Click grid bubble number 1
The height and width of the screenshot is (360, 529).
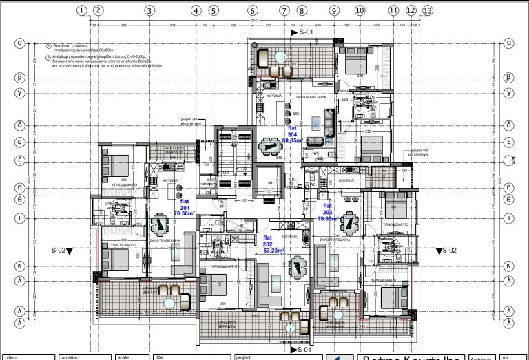coord(83,10)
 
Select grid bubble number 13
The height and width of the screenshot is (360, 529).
coord(428,10)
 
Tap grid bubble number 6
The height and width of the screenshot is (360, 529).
coord(252,10)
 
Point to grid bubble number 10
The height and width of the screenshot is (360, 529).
coord(360,10)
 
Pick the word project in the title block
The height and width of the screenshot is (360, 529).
coord(243,357)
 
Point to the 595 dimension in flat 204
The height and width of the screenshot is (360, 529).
coord(295,114)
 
